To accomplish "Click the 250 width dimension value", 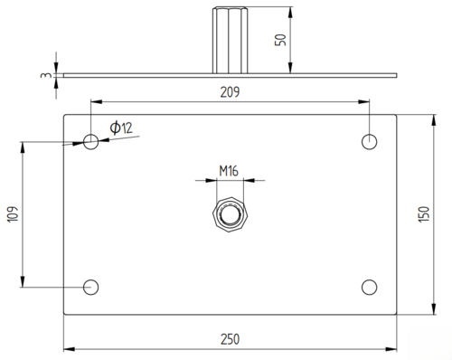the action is click(230, 339).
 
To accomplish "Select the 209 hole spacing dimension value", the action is click(230, 92).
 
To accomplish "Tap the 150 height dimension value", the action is click(424, 214).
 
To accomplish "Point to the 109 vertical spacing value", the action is click(13, 214).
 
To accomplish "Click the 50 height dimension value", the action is click(280, 40).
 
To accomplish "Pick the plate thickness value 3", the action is click(45, 75).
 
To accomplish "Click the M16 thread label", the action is click(229, 171).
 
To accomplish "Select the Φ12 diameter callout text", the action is click(121, 128).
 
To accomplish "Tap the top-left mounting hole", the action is click(90, 142).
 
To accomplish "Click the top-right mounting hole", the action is click(369, 142).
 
